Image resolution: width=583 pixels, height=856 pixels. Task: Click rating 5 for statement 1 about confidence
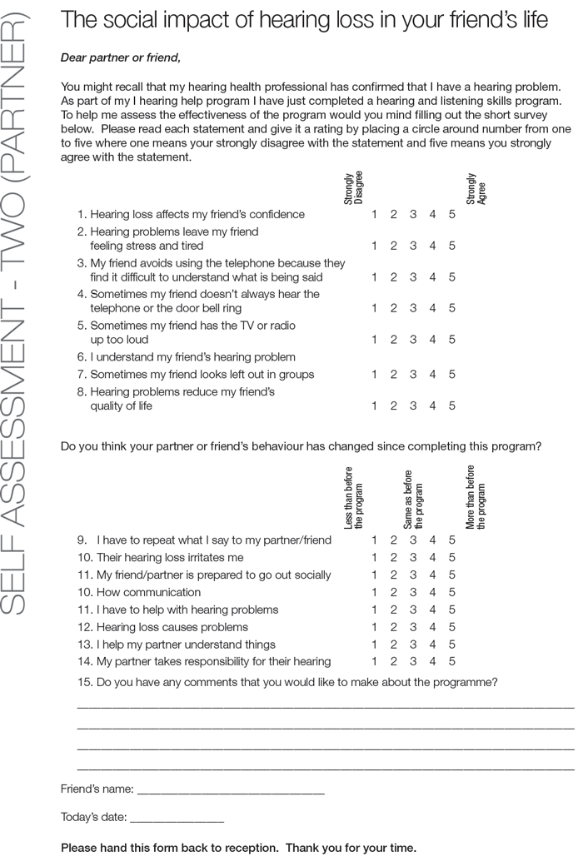tap(452, 215)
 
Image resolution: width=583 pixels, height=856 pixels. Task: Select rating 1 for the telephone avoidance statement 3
tap(375, 277)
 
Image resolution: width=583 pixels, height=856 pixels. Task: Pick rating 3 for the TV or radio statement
tap(413, 340)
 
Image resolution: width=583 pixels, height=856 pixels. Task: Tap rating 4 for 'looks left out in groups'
tap(433, 375)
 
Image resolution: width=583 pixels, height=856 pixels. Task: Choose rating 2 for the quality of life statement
tap(394, 406)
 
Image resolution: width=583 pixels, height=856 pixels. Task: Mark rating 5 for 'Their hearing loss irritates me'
tap(452, 558)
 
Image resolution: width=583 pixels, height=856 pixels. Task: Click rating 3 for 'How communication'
tap(413, 593)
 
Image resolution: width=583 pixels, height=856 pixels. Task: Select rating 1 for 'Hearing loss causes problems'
tap(375, 627)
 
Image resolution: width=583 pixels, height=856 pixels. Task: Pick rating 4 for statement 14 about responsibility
tap(433, 662)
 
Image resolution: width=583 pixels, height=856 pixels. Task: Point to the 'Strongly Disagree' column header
tap(353, 189)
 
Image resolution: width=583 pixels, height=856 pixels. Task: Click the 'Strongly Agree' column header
tap(476, 189)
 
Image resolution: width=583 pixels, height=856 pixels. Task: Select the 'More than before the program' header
tap(476, 497)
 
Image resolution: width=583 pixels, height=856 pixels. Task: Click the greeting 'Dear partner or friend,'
tap(121, 57)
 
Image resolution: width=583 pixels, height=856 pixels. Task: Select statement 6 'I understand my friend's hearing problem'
tap(192, 357)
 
